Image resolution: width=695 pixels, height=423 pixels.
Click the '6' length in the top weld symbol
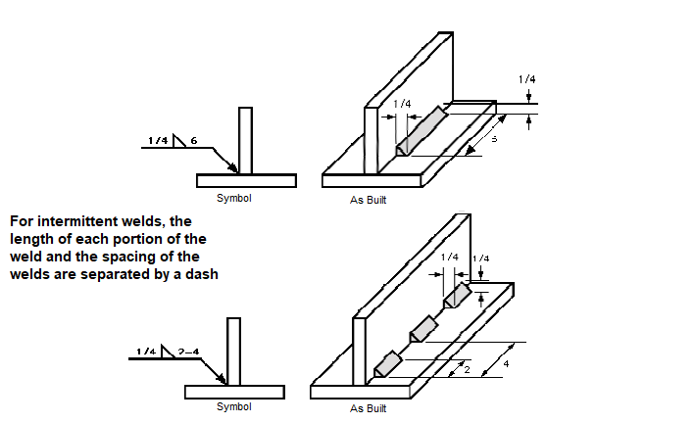pyautogui.click(x=194, y=141)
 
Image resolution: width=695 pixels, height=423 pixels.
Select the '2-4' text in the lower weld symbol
pyautogui.click(x=189, y=351)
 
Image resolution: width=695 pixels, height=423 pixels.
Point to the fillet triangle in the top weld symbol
pyautogui.click(x=179, y=140)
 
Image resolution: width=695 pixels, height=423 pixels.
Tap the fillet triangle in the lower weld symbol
pyautogui.click(x=168, y=351)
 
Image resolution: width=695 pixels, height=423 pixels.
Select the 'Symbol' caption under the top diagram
pyautogui.click(x=234, y=198)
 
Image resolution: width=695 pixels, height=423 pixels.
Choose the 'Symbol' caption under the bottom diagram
pyautogui.click(x=233, y=406)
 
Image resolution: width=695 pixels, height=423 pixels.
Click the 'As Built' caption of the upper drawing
pyautogui.click(x=369, y=200)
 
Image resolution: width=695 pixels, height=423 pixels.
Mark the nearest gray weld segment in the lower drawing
pyautogui.click(x=386, y=362)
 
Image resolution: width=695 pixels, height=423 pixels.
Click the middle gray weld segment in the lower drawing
pyautogui.click(x=422, y=328)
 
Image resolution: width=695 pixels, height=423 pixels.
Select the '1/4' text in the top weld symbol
pyautogui.click(x=157, y=141)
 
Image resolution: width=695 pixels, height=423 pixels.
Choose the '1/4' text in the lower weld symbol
pyautogui.click(x=145, y=351)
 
